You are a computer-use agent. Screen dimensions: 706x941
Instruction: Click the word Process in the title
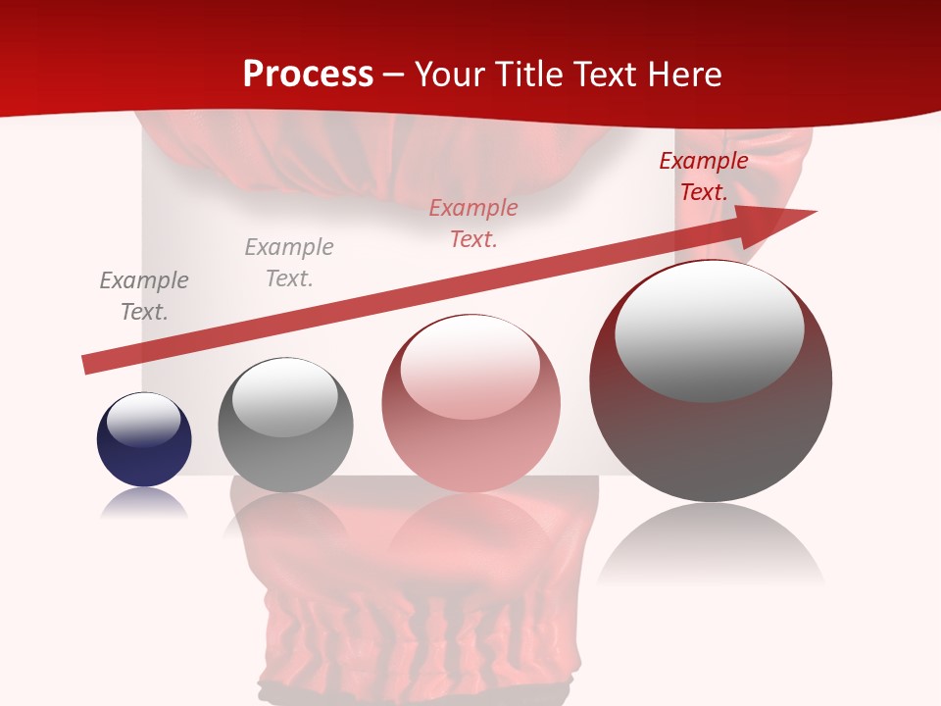click(308, 75)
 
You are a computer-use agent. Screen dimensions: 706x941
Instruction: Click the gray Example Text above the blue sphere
click(144, 296)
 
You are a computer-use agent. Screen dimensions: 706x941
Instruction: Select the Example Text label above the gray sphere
click(289, 263)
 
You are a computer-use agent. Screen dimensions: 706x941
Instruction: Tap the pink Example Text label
click(473, 224)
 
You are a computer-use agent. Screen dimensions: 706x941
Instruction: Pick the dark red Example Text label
click(704, 176)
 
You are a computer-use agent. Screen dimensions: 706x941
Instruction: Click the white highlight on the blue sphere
click(144, 420)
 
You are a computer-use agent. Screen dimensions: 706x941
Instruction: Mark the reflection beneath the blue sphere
click(144, 504)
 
